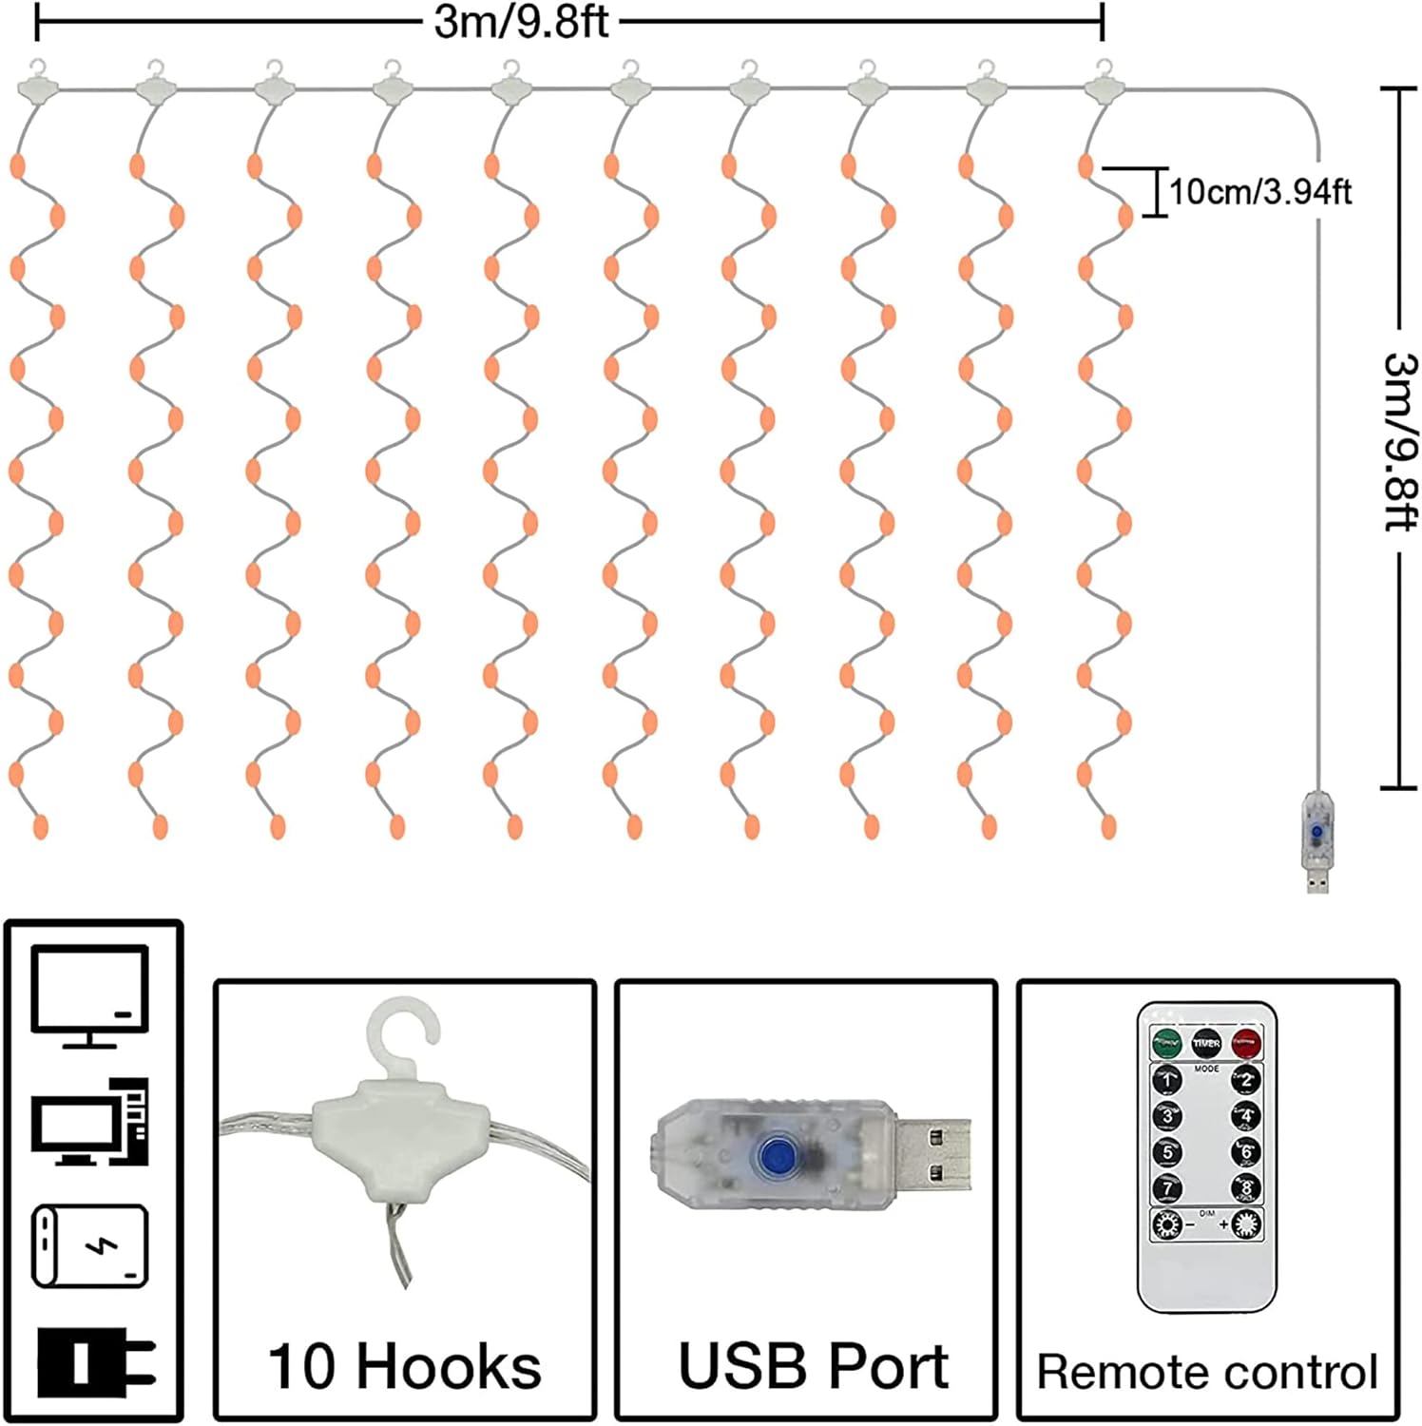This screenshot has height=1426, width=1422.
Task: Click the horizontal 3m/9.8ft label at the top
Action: click(x=521, y=22)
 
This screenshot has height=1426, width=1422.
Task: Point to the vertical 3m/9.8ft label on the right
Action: click(x=1399, y=441)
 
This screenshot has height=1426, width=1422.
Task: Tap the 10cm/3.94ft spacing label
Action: click(x=1259, y=192)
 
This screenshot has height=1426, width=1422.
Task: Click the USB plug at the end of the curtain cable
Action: click(x=1316, y=841)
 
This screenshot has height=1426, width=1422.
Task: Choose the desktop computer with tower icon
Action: click(x=90, y=1123)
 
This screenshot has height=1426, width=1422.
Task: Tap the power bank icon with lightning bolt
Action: click(x=90, y=1246)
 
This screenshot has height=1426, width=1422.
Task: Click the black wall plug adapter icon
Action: click(x=95, y=1361)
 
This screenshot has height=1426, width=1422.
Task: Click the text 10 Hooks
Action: click(x=404, y=1367)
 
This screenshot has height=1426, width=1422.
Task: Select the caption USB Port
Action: click(x=813, y=1367)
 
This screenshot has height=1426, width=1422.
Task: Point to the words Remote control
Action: click(x=1207, y=1372)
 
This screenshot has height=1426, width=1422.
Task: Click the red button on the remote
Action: click(x=1245, y=1043)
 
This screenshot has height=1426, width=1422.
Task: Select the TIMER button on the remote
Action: click(x=1206, y=1043)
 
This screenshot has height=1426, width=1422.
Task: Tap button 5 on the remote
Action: click(x=1167, y=1152)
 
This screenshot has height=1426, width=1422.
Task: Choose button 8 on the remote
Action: click(x=1246, y=1187)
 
